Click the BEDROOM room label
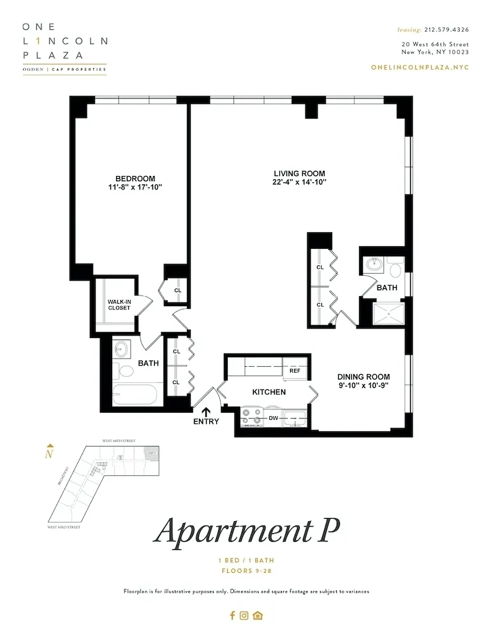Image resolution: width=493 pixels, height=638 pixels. pos(135,178)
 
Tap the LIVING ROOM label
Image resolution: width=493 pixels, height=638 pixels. pos(299,174)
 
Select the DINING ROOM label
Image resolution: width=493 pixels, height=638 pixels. pos(364,377)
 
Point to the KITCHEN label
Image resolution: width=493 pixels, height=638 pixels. pos(269,392)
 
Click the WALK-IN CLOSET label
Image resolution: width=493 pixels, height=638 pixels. pos(119,304)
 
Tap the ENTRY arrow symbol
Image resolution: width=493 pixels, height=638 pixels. pos(205,412)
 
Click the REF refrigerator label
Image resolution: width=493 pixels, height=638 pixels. pos(295,371)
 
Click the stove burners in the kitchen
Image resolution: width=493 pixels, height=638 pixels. pos(251,418)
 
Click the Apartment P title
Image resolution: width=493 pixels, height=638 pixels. pos(246,530)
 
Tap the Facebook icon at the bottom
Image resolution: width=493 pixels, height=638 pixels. pos(232,616)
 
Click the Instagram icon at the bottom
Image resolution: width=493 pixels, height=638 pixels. pos(244,616)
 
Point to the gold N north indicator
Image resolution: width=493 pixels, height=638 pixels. pos(48,454)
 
